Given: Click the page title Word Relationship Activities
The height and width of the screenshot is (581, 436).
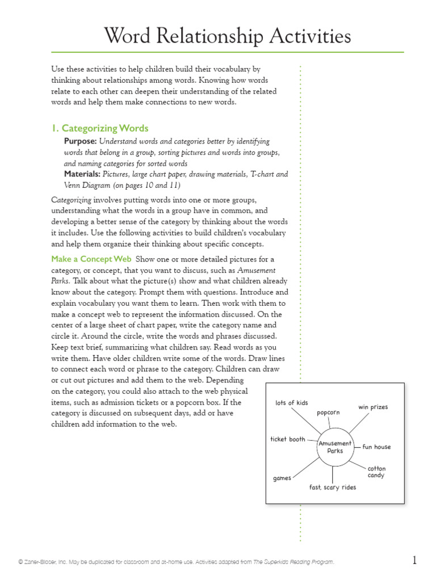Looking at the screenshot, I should click(227, 37).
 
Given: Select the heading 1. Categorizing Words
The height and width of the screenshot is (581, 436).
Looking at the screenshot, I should click(100, 128).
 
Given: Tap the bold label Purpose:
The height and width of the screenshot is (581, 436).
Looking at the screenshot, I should click(81, 141).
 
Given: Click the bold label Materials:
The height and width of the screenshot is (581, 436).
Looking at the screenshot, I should click(82, 174).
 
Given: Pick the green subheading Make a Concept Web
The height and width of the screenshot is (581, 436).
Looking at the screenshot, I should click(91, 259).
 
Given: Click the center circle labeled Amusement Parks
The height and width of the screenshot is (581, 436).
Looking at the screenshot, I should click(335, 447).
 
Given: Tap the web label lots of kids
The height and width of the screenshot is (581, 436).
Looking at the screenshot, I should click(292, 403).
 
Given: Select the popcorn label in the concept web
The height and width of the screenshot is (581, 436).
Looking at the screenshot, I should click(328, 412).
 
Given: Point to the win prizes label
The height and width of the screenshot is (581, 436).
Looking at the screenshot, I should click(373, 407).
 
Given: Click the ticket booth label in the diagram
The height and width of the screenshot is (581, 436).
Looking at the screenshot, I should click(288, 439).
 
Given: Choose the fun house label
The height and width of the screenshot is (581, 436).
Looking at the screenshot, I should click(376, 447).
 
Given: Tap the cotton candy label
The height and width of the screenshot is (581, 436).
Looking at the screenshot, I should click(376, 472).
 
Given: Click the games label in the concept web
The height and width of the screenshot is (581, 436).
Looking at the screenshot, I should click(282, 478).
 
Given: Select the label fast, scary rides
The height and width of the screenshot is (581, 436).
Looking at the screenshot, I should click(333, 487).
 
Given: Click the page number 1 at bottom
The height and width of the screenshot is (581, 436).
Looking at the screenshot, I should click(414, 561).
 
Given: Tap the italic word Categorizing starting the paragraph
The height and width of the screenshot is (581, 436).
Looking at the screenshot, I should click(72, 200).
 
